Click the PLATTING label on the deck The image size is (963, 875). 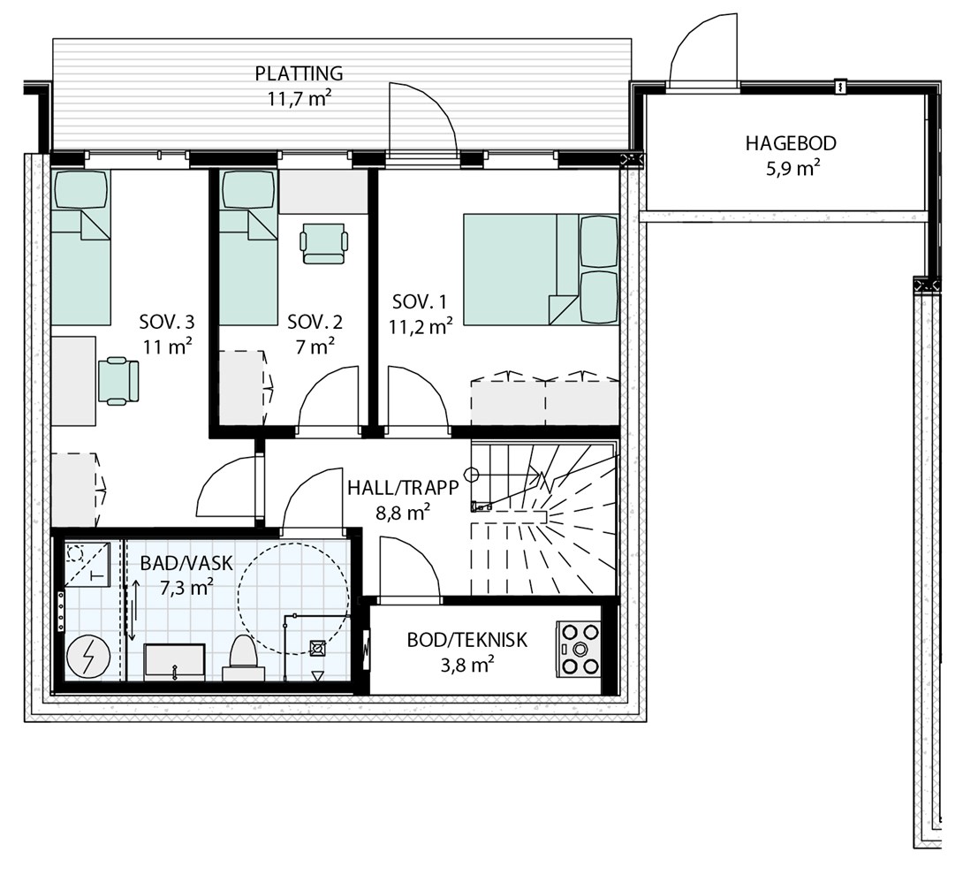coord(300,73)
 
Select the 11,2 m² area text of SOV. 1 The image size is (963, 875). coord(421,326)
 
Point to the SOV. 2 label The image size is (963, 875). coord(315,322)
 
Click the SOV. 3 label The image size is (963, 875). coord(167,322)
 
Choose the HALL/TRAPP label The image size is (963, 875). coord(403,488)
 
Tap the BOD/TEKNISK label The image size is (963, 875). coord(466,640)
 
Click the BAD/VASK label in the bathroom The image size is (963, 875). coord(186,563)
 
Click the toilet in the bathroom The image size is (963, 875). coord(243,658)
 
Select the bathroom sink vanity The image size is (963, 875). coord(174,662)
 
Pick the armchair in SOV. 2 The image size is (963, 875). coord(323,243)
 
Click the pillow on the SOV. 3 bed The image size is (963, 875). coord(81,190)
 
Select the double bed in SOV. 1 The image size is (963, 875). coord(541,270)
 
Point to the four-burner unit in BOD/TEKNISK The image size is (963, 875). coord(579,650)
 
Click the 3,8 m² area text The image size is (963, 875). coord(467,666)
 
